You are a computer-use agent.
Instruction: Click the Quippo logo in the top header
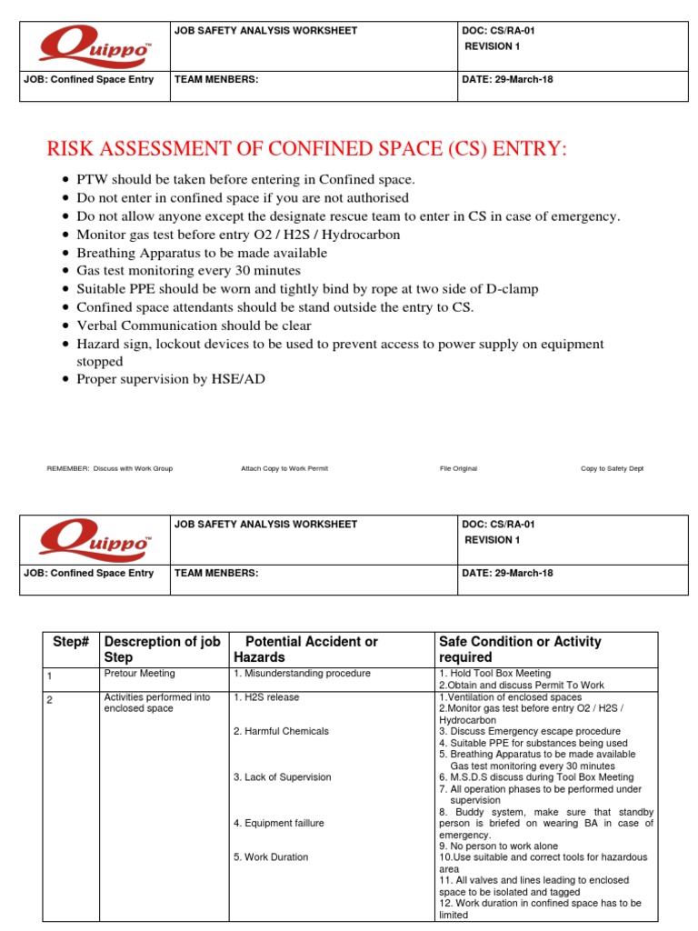(95, 45)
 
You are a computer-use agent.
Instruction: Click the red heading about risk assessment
(306, 149)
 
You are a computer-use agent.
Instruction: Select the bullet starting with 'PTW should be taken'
(245, 179)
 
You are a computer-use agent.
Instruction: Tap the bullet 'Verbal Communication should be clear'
(194, 325)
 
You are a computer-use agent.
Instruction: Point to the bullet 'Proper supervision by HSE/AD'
(171, 380)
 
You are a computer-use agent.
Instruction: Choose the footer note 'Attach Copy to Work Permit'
(284, 468)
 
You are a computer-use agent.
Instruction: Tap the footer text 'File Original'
(458, 468)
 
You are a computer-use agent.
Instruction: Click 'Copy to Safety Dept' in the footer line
(612, 468)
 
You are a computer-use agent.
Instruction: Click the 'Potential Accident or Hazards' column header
(305, 649)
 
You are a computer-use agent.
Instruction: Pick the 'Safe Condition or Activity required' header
(520, 649)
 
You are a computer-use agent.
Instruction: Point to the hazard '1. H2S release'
(266, 697)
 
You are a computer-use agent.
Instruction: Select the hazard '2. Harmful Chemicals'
(281, 731)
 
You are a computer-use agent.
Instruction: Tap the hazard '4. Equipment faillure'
(278, 823)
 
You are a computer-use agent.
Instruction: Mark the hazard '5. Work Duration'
(270, 856)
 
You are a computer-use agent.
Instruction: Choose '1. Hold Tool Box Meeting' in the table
(494, 674)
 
